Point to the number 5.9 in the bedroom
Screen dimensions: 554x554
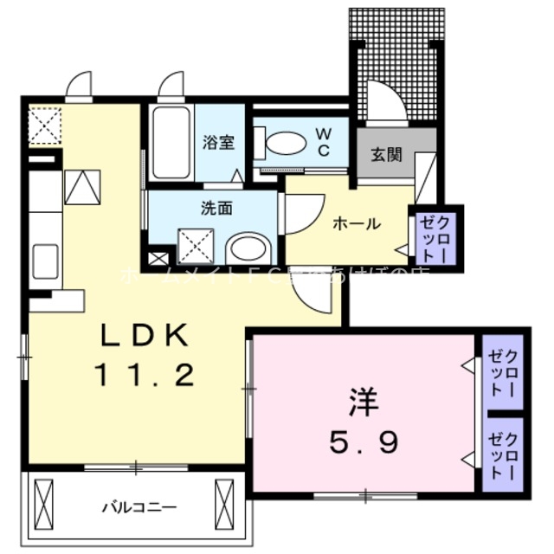tap(363, 444)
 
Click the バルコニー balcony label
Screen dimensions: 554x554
tap(138, 506)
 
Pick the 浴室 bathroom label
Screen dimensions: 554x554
tap(219, 143)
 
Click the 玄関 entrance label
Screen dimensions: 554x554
tap(386, 155)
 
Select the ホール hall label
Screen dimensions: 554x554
tap(358, 223)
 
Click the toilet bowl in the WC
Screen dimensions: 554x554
tap(286, 143)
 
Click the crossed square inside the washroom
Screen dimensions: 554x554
tap(196, 246)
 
